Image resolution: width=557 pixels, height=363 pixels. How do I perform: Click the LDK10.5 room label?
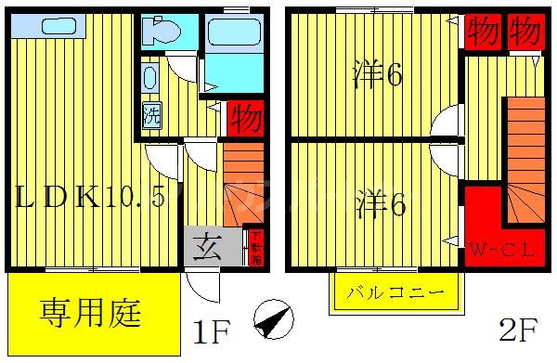pyautogui.click(x=88, y=198)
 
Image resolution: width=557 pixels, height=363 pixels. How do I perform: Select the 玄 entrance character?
pyautogui.click(x=204, y=247)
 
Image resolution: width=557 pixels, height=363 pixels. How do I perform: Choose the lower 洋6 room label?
pyautogui.click(x=382, y=203)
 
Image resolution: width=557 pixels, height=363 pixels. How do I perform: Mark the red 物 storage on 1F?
pyautogui.click(x=245, y=119)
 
